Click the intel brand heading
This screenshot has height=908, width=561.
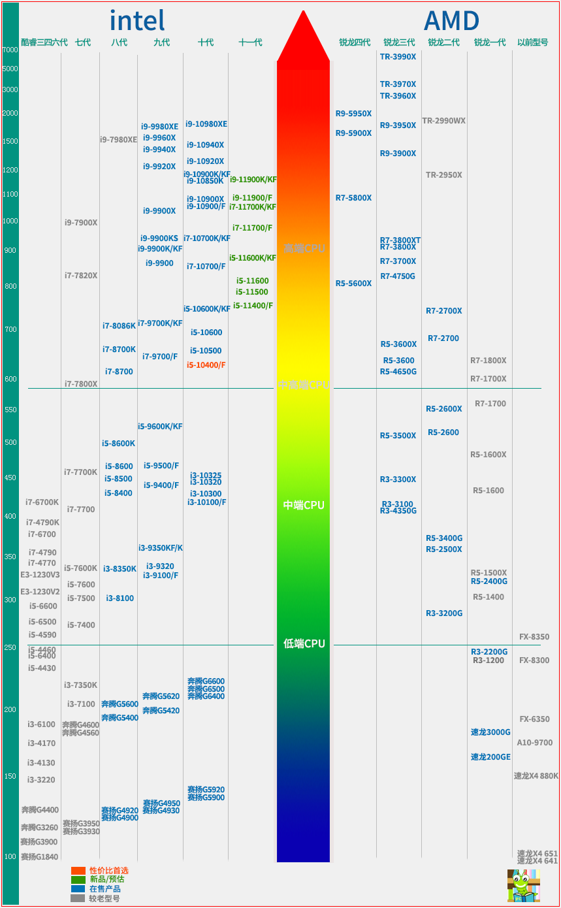137,21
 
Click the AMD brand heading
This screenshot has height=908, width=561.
451,21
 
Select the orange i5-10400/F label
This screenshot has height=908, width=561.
206,365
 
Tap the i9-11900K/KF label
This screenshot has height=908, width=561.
253,180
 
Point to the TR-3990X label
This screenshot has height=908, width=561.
398,57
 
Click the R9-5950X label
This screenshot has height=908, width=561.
353,114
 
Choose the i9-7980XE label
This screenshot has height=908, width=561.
118,140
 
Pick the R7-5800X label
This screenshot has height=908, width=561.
353,198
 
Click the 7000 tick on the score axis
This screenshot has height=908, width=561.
10,50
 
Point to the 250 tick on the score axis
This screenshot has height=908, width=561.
10,647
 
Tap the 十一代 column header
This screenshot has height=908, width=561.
250,42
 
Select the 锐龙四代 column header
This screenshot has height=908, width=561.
355,42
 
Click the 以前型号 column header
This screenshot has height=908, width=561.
532,42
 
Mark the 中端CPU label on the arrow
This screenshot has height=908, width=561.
304,506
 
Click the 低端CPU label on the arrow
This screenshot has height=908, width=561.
304,644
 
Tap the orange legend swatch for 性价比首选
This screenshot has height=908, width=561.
78,871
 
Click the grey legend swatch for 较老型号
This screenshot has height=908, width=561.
78,898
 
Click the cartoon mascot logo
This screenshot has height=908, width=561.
523,885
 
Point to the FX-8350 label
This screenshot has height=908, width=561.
534,637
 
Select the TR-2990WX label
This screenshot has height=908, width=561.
443,121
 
